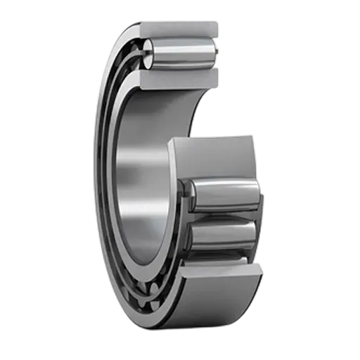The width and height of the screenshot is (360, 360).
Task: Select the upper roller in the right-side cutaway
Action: (x=221, y=193)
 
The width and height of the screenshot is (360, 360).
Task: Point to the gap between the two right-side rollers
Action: (x=221, y=216)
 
